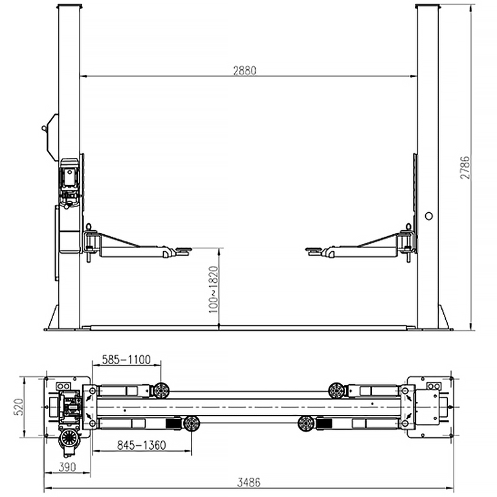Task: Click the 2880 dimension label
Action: pos(245,71)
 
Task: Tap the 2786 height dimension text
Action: pos(465,168)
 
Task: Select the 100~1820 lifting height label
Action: pos(214,290)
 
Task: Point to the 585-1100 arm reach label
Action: pos(126,360)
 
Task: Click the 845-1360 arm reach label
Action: pos(141,445)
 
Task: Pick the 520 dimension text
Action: pos(18,407)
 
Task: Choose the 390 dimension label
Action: pos(67,467)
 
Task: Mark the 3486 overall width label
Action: pos(248,482)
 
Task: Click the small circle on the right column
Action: pos(429,216)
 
